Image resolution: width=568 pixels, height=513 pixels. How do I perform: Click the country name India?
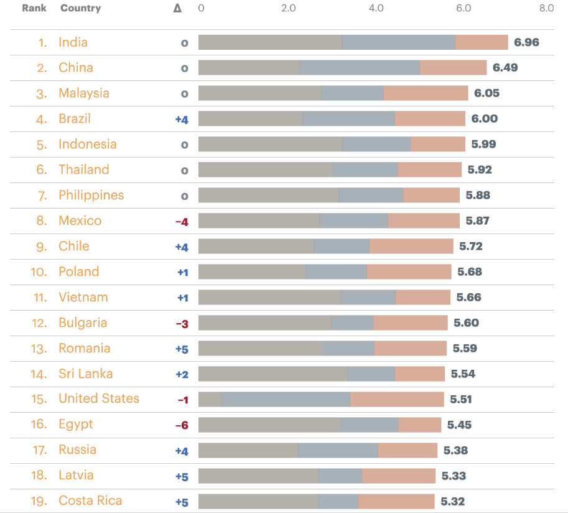pyautogui.click(x=73, y=42)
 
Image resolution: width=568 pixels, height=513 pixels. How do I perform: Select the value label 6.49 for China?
pyautogui.click(x=505, y=68)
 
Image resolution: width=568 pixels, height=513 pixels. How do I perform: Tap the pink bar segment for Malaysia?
pyautogui.click(x=426, y=93)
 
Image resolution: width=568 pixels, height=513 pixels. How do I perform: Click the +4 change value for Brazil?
pyautogui.click(x=182, y=119)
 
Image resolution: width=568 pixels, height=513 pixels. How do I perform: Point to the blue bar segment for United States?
pyautogui.click(x=286, y=399)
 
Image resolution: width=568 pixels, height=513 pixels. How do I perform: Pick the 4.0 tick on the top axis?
pyautogui.click(x=376, y=8)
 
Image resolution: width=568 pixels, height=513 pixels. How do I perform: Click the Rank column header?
pyautogui.click(x=34, y=8)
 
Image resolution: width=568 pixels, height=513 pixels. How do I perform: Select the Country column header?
pyautogui.click(x=80, y=8)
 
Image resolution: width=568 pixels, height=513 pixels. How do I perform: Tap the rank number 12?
pyautogui.click(x=39, y=323)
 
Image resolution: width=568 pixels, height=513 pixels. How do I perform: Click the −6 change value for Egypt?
pyautogui.click(x=182, y=425)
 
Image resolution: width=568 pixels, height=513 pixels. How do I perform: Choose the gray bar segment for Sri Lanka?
pyautogui.click(x=272, y=374)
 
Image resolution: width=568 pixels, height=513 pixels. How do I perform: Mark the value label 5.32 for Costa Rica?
pyautogui.click(x=452, y=501)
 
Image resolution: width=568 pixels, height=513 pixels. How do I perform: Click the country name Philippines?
pyautogui.click(x=91, y=195)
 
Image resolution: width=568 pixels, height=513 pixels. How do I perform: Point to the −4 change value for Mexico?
pyautogui.click(x=182, y=221)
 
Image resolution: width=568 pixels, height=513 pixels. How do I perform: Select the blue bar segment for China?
pyautogui.click(x=360, y=68)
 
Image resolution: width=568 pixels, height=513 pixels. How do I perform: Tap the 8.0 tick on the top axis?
pyautogui.click(x=546, y=8)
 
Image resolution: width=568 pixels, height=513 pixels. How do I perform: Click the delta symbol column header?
pyautogui.click(x=177, y=9)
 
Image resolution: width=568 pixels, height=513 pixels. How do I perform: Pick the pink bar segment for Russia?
pyautogui.click(x=407, y=450)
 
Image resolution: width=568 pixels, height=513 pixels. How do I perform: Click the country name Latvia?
pyautogui.click(x=76, y=476)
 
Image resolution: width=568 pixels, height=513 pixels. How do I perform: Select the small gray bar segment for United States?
pyautogui.click(x=210, y=399)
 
